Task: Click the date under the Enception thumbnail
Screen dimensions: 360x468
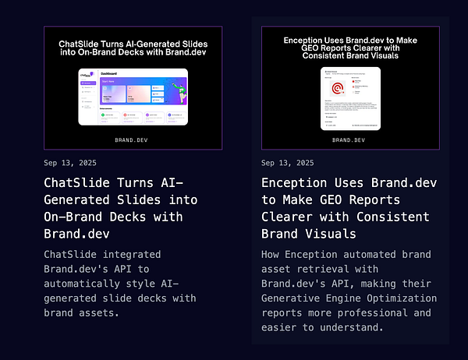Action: [x=288, y=163]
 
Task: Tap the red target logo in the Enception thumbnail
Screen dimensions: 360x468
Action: [x=339, y=89]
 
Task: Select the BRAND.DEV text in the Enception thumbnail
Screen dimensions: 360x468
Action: [x=347, y=140]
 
